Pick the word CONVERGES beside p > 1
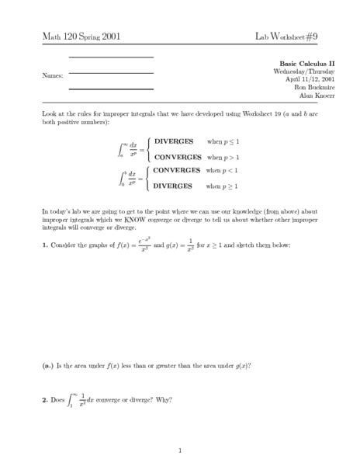tap(177, 158)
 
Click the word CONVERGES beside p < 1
tap(177, 169)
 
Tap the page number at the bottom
tap(180, 449)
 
